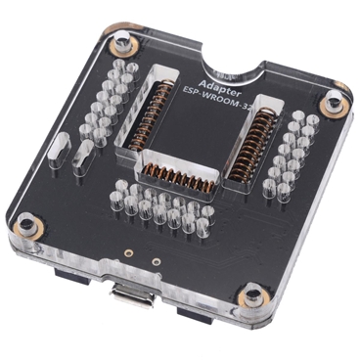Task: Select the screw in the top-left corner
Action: click(x=121, y=44)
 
